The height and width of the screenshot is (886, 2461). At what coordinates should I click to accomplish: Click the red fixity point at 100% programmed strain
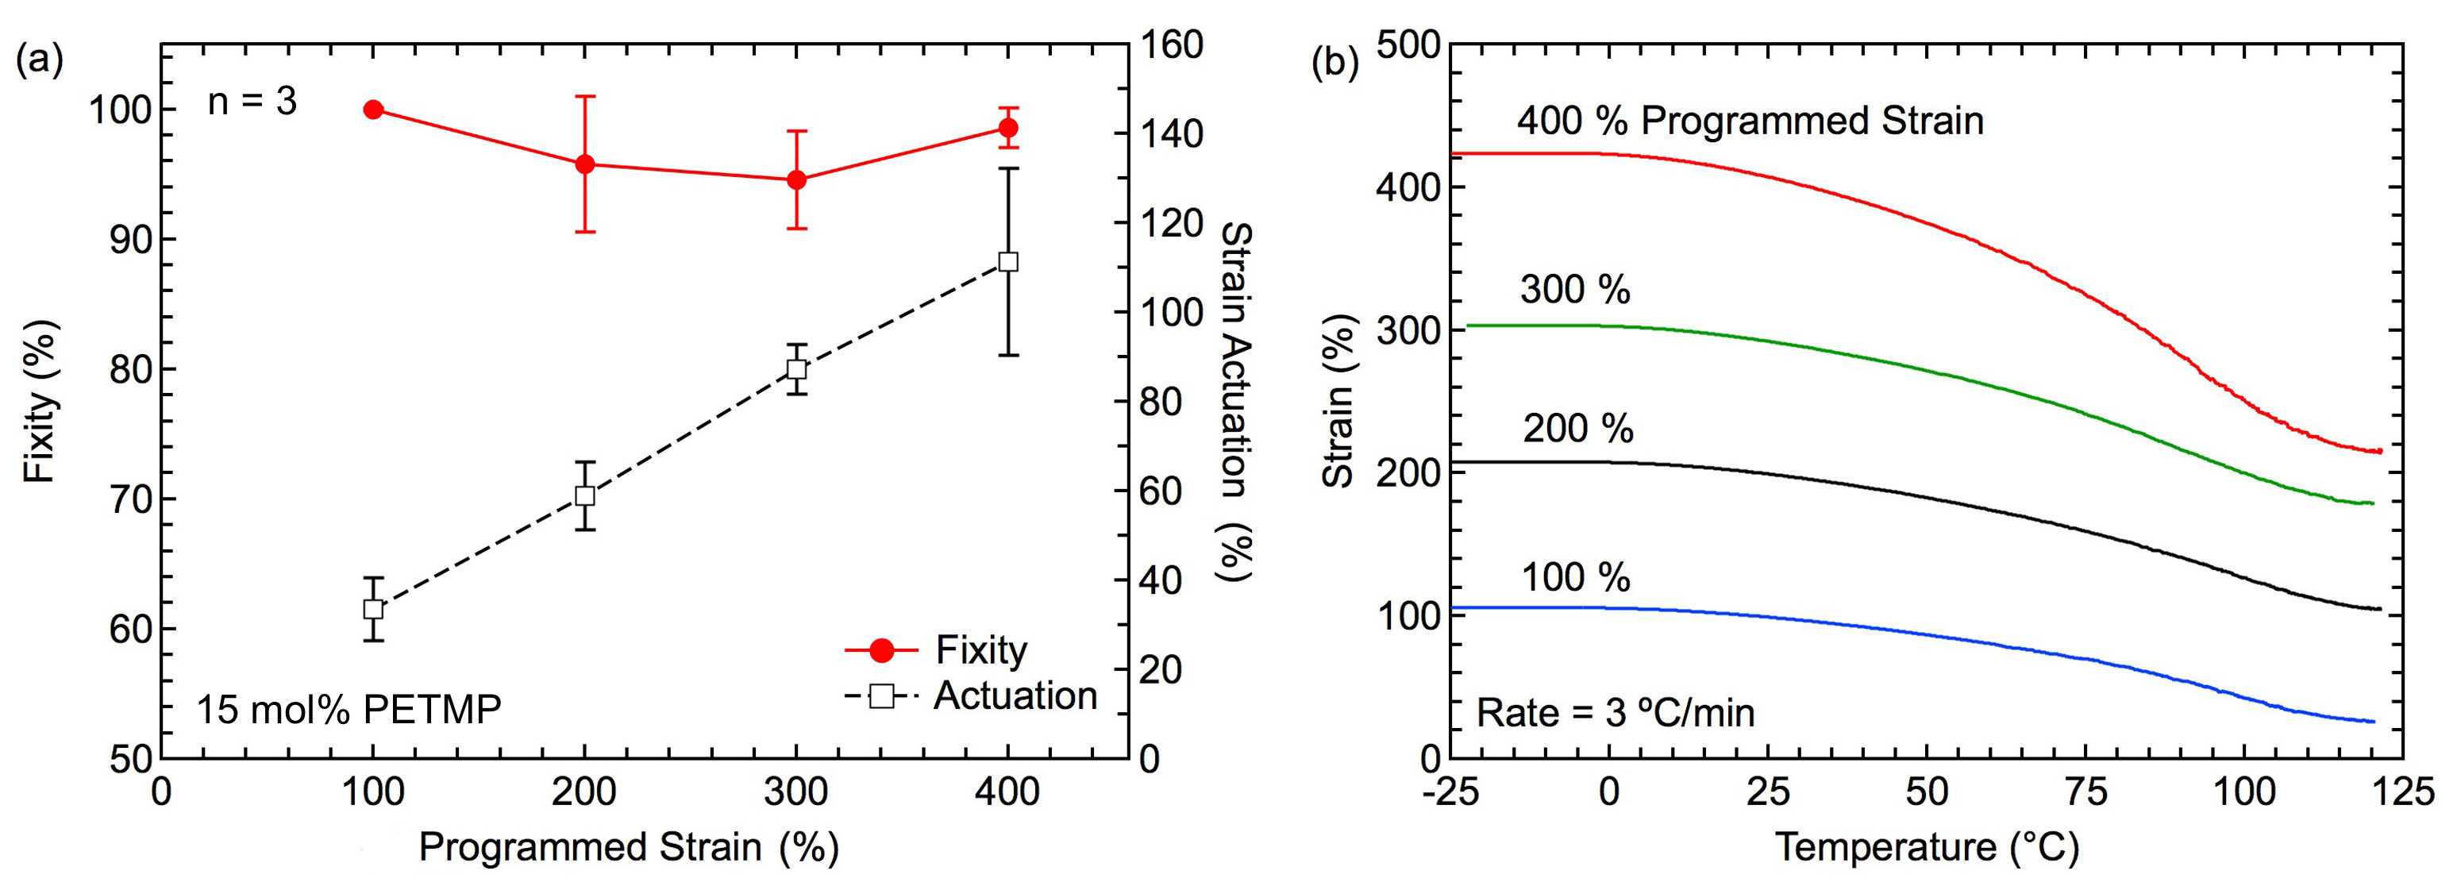coord(374,110)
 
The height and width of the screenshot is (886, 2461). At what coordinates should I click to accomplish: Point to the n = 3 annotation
coord(252,102)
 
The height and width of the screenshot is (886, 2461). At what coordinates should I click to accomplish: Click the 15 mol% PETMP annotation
coord(349,710)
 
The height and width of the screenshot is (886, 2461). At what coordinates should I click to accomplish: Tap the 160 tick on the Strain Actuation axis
coord(1171,45)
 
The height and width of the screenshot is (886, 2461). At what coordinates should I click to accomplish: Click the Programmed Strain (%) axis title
coord(629,848)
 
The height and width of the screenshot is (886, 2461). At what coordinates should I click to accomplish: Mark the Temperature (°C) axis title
coord(1926,848)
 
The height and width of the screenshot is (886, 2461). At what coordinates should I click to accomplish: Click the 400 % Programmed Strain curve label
coord(1750,121)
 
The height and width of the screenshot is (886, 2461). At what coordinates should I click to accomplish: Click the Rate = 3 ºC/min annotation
coord(1616,713)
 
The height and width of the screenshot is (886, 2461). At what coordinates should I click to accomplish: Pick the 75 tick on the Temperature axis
coord(2085,792)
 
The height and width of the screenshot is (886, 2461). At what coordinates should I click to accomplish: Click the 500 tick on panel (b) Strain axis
coord(1408,45)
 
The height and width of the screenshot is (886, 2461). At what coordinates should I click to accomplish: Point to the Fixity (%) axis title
coord(40,402)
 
